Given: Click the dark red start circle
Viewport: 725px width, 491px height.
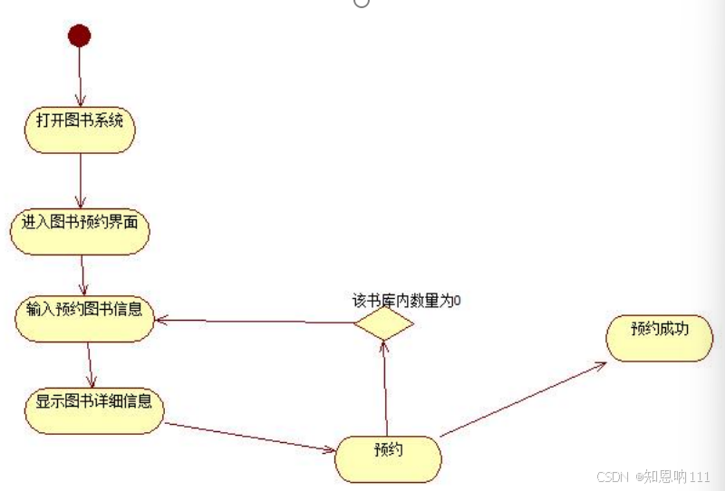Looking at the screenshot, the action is click(79, 35).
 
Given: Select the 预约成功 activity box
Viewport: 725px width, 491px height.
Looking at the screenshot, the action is click(659, 338).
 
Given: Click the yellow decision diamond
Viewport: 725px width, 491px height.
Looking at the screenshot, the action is click(383, 323).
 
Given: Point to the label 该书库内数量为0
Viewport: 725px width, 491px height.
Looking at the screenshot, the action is click(406, 300).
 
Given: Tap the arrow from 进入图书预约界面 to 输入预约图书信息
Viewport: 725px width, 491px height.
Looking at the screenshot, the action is click(82, 274).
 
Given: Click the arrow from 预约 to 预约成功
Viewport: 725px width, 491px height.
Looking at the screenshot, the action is click(523, 400).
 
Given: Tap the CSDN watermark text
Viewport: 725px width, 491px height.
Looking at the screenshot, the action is click(613, 477).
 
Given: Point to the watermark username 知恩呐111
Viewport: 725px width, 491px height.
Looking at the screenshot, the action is click(676, 477).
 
